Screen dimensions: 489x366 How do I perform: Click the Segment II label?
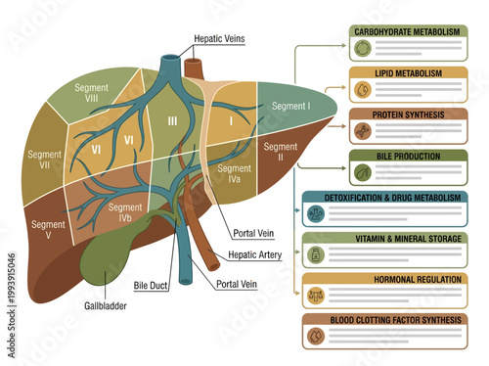pyautogui.click(x=273, y=152)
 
